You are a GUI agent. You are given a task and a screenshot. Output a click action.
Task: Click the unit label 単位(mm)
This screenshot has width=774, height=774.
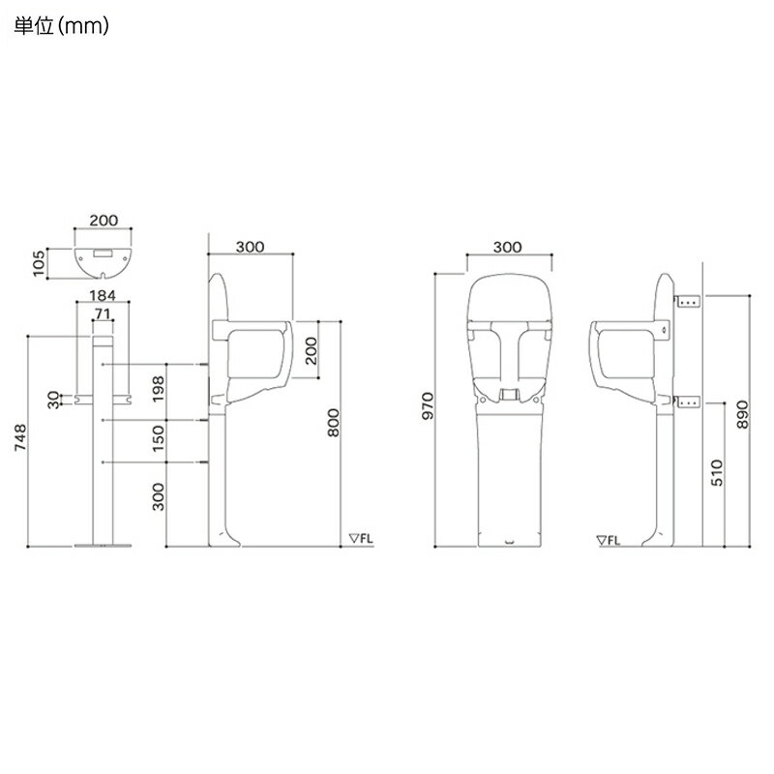click(x=60, y=27)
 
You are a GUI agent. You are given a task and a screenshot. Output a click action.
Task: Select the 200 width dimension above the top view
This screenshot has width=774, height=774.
click(x=104, y=221)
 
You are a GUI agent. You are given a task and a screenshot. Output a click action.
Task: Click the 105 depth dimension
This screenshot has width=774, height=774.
click(x=40, y=261)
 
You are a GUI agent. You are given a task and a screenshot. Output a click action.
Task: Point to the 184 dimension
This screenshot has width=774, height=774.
click(x=104, y=295)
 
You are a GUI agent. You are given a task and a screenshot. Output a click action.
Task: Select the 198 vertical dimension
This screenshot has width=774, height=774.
click(x=160, y=392)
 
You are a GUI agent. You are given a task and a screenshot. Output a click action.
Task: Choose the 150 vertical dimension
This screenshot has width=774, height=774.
click(x=160, y=442)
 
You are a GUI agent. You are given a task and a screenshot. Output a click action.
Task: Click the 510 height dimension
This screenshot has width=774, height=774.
click(x=717, y=472)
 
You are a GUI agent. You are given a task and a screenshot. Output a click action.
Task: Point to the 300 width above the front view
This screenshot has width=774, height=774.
click(x=507, y=247)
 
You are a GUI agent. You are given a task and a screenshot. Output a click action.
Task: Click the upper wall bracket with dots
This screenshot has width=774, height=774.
click(x=689, y=302)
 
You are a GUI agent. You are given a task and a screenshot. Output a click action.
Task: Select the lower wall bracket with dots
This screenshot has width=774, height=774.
click(x=689, y=402)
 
